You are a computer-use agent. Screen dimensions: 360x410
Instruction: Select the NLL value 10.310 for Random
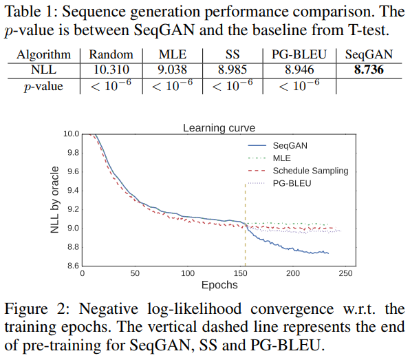[110, 69]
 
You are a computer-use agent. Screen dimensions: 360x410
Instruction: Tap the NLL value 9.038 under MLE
[169, 69]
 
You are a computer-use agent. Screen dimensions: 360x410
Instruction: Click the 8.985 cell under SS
[233, 69]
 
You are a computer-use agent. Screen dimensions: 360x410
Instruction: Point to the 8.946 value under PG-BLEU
[298, 69]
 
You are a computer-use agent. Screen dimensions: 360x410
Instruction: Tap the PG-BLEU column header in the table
[298, 54]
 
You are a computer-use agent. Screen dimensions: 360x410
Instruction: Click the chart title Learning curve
[218, 128]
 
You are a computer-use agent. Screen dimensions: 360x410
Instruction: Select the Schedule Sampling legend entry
[310, 171]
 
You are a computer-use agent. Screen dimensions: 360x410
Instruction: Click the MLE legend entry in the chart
[282, 158]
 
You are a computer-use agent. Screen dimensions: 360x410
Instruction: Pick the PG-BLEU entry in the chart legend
[292, 183]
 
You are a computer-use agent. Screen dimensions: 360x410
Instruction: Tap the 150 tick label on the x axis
[240, 273]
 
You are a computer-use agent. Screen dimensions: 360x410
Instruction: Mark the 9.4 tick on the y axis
[71, 190]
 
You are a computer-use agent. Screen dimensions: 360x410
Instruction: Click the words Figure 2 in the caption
[35, 308]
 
